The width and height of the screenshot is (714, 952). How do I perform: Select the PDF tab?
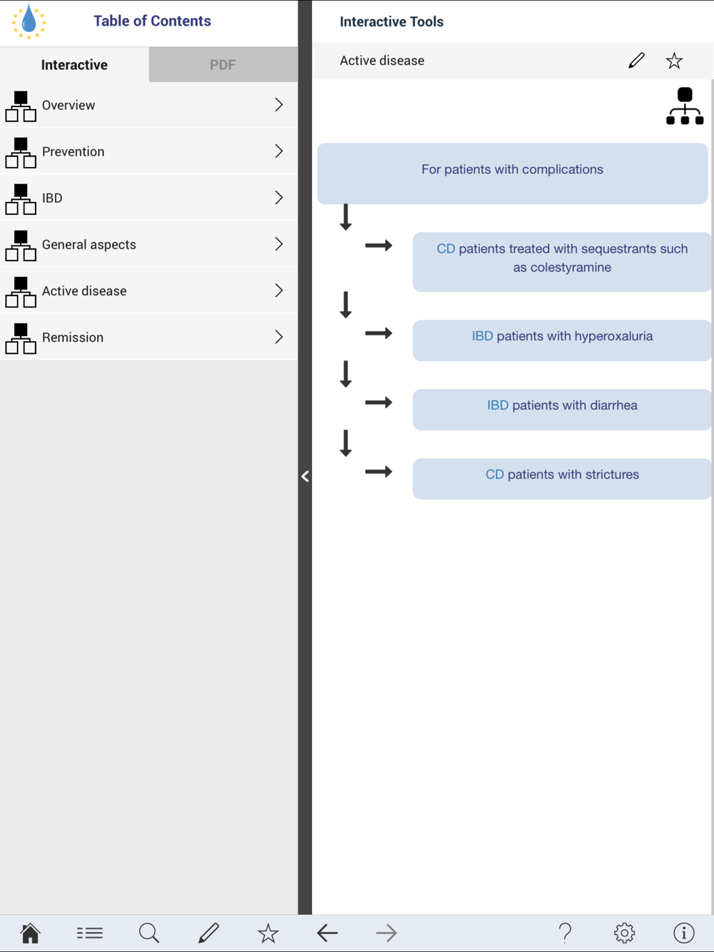[x=223, y=65]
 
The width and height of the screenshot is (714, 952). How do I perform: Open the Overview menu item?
[x=149, y=105]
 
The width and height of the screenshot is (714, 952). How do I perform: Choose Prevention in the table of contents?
[x=149, y=151]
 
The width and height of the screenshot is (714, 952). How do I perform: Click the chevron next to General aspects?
[x=279, y=244]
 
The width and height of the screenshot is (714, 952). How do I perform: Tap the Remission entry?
[x=149, y=337]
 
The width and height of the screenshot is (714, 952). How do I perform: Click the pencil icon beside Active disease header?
[x=636, y=61]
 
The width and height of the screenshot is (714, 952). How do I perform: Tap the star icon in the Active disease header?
[x=674, y=61]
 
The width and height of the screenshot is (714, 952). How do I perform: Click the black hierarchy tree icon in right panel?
[x=685, y=106]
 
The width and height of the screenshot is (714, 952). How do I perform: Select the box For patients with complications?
[x=512, y=173]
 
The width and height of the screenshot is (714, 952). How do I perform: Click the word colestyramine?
[x=570, y=268]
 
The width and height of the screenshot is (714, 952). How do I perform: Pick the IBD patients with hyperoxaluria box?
[x=562, y=340]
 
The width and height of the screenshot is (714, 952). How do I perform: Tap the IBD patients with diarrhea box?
[x=562, y=410]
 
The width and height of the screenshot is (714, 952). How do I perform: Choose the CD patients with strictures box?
[x=562, y=479]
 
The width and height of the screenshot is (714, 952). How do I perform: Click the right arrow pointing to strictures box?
[x=378, y=472]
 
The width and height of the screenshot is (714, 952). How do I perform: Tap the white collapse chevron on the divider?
[x=305, y=476]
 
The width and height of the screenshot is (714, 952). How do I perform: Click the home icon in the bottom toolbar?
[x=31, y=933]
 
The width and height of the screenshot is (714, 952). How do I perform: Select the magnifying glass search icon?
[x=149, y=933]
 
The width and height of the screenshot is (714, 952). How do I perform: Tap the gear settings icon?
[x=624, y=933]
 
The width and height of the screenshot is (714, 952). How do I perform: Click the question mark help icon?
[x=565, y=933]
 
